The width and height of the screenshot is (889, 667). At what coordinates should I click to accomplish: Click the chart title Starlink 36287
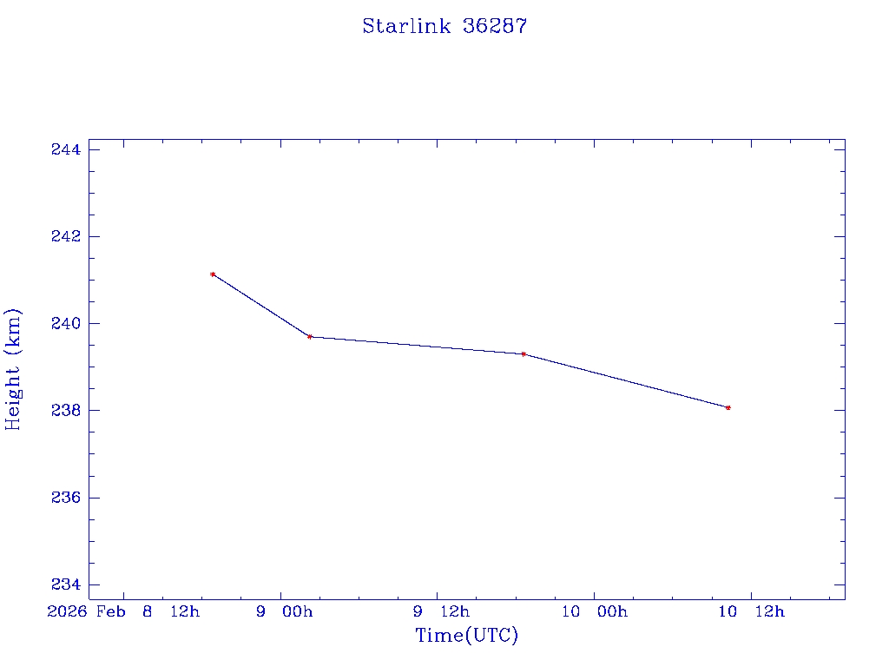[444, 26]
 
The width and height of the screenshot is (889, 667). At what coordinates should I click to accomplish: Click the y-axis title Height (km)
[13, 369]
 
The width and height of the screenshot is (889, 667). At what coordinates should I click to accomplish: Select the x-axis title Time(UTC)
[466, 636]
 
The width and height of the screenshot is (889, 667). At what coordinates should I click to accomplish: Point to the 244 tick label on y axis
[66, 149]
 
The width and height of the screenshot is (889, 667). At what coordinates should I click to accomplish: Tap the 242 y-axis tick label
[66, 236]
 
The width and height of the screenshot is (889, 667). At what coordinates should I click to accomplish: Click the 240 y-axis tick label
[66, 323]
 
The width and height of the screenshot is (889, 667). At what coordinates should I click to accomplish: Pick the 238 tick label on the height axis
[66, 410]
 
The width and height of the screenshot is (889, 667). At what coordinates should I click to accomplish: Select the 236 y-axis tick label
[66, 498]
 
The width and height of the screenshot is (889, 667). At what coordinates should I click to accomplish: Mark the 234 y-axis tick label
[66, 584]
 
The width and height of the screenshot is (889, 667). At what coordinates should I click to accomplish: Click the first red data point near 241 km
[213, 274]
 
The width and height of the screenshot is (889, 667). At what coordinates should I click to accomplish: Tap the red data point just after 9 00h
[309, 336]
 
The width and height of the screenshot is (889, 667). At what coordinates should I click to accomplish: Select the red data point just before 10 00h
[524, 353]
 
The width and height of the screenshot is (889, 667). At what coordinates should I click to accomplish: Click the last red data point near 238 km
[728, 407]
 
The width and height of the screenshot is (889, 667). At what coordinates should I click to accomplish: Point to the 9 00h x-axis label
[285, 611]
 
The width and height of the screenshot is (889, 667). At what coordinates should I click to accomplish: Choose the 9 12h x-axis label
[441, 611]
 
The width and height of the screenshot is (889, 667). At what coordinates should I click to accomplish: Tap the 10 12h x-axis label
[751, 611]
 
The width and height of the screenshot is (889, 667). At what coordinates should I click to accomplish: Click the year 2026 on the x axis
[68, 611]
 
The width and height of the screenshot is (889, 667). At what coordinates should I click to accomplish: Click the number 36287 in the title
[495, 26]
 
